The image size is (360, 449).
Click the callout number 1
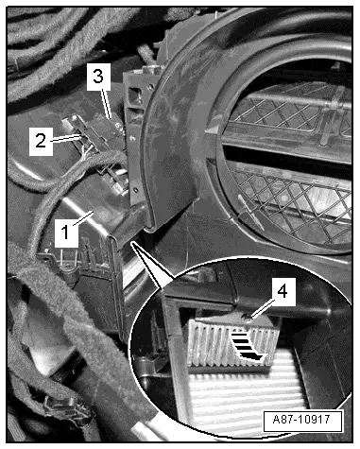65,233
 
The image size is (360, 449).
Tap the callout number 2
41,141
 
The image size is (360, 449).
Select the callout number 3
98,77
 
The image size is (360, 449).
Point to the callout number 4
283,291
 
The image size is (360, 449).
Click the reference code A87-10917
302,420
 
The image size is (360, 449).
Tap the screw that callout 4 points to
248,319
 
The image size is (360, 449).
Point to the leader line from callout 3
107,104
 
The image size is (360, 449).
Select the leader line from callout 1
83,218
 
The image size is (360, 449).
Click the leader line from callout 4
263,310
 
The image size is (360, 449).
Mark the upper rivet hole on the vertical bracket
133,137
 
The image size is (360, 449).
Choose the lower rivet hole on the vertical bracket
135,190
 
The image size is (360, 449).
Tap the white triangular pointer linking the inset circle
149,263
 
